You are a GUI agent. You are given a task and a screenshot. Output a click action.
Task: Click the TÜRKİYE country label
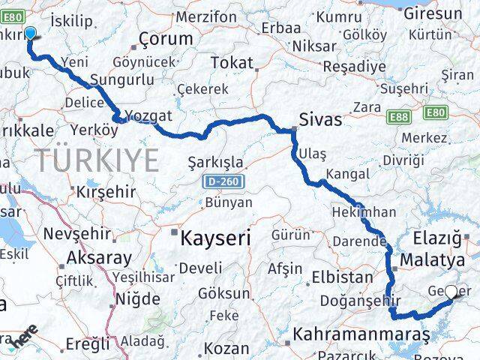pyautogui.click(x=97, y=160)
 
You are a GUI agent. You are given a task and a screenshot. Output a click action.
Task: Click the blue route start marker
pyautogui.click(x=31, y=33)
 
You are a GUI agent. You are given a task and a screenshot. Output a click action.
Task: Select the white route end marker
pyautogui.click(x=451, y=292)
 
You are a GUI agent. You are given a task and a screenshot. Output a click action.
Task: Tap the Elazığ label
pyautogui.click(x=436, y=238)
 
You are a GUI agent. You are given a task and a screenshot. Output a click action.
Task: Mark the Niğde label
pyautogui.click(x=138, y=299)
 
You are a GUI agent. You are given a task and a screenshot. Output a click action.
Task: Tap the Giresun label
pyautogui.click(x=433, y=13)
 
